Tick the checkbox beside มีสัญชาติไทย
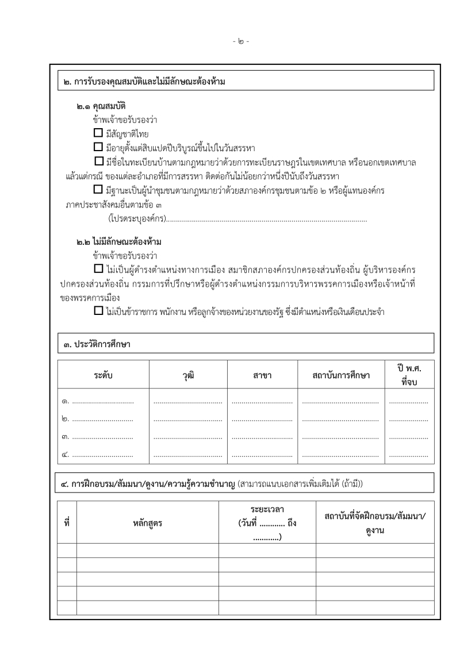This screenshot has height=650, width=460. click(x=90, y=133)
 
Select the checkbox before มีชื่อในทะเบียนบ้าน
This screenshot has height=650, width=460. click(x=98, y=161)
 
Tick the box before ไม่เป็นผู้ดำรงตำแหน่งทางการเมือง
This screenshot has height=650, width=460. click(x=98, y=269)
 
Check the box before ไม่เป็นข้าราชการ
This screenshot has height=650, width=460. click(x=98, y=311)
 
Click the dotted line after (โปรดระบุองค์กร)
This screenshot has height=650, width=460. click(x=267, y=219)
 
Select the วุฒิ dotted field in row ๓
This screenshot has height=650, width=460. click(x=188, y=437)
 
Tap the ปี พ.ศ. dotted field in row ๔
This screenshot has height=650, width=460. click(x=409, y=455)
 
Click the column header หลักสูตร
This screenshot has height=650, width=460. click(x=147, y=523)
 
